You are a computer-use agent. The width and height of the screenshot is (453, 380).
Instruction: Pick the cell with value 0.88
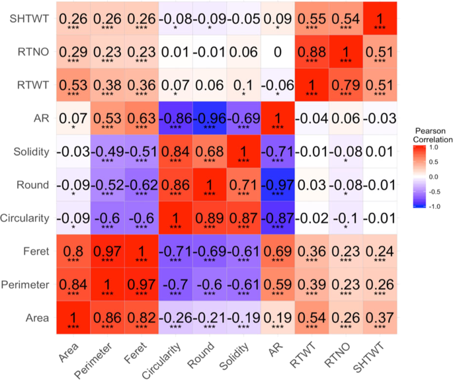(311, 52)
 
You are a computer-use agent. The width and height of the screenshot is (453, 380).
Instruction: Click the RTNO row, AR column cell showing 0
(277, 52)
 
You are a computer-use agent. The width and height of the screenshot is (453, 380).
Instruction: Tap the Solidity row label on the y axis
(30, 153)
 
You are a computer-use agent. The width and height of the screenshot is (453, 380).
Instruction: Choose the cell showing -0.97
(277, 186)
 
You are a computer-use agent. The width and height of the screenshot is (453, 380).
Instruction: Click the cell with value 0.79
(345, 86)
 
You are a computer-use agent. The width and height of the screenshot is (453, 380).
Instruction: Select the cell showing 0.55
(311, 19)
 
